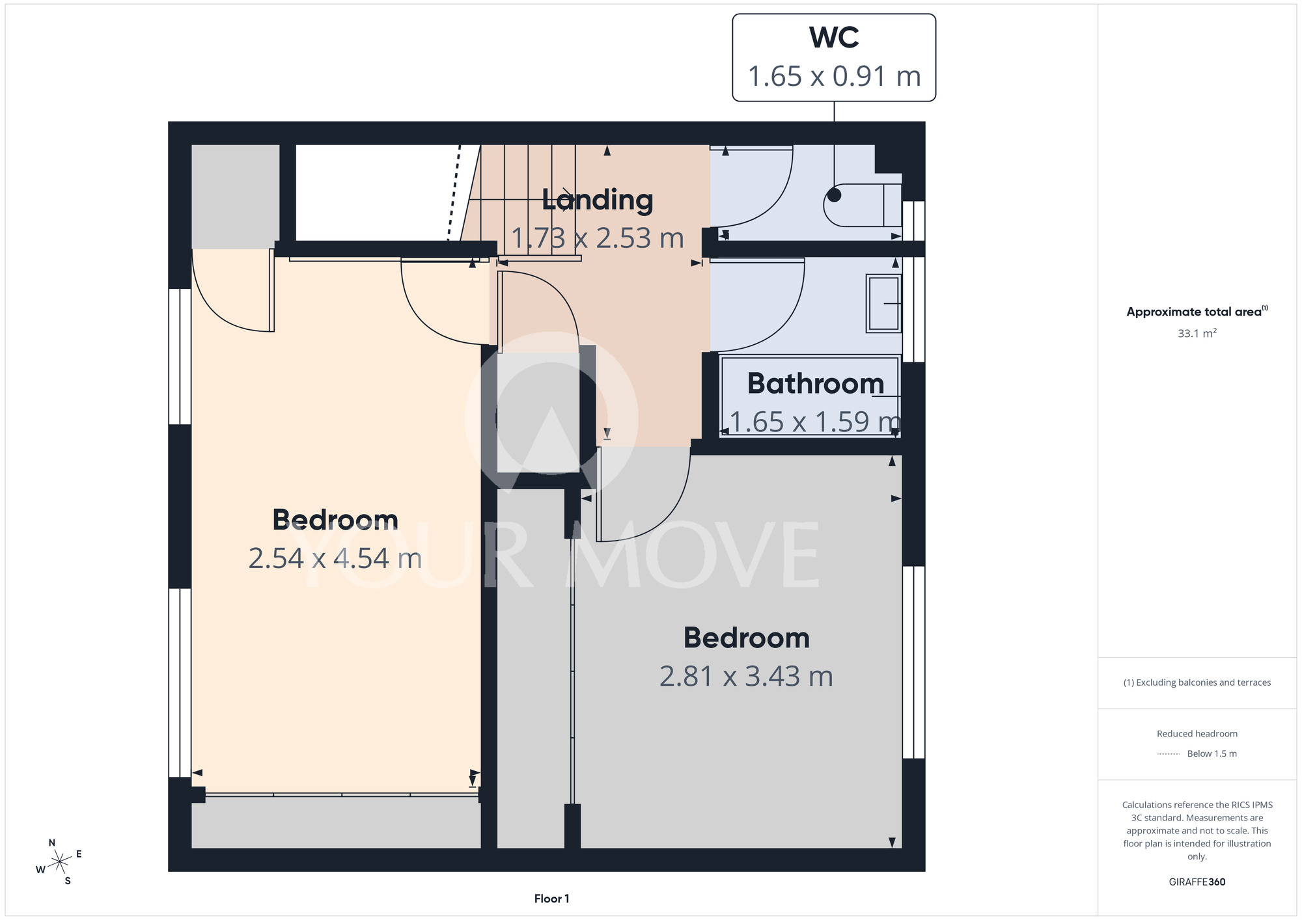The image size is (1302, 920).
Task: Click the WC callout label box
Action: click(x=834, y=57)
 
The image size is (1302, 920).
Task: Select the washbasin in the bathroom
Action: click(x=883, y=304)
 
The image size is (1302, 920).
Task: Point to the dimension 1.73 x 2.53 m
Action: click(x=598, y=238)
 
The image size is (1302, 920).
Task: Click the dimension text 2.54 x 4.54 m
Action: click(x=335, y=558)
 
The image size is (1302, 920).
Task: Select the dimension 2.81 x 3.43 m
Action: click(x=746, y=676)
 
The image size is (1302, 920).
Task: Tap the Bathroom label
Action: click(x=816, y=383)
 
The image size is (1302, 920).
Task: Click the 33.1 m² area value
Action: click(x=1197, y=333)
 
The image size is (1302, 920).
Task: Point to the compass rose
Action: click(x=59, y=862)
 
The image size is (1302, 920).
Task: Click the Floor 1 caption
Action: click(x=551, y=899)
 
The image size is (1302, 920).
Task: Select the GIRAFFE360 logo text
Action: click(x=1197, y=882)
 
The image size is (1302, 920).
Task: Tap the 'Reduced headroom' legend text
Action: click(x=1197, y=734)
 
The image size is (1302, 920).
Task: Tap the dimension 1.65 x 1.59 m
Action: click(x=815, y=422)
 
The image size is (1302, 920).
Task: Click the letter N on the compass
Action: click(x=52, y=843)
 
